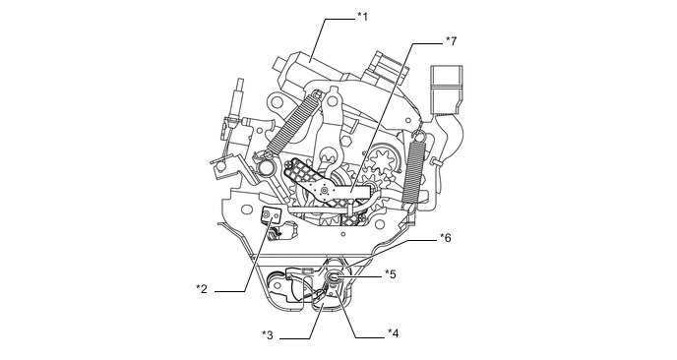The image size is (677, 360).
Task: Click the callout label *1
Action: [x=362, y=17]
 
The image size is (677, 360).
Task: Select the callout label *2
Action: [x=201, y=289]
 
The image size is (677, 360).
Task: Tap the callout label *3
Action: [x=268, y=335]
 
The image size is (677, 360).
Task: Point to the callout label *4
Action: [x=393, y=333]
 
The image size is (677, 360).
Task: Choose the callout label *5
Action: [x=391, y=274]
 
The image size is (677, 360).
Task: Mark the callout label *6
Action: [x=445, y=237]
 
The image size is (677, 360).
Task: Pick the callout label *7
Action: [x=451, y=41]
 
